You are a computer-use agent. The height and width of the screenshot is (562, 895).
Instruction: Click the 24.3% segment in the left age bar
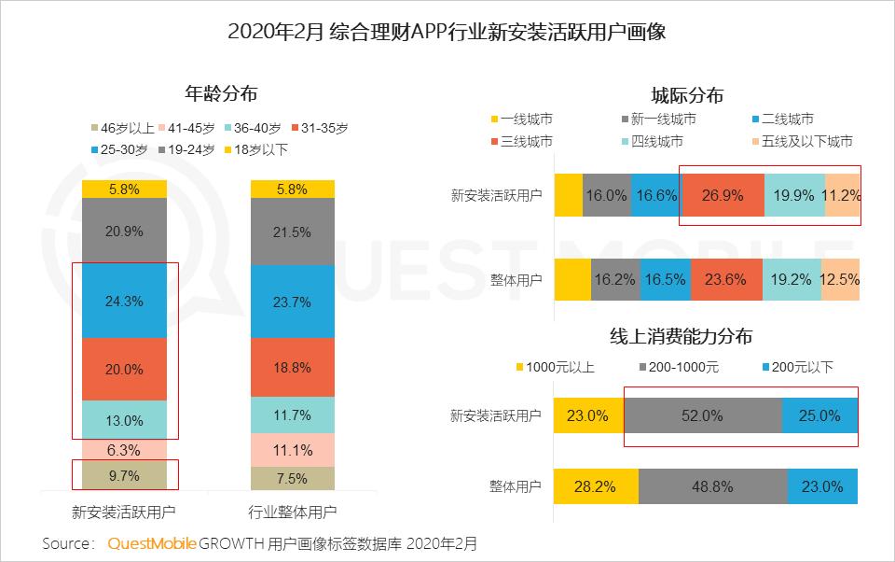124,302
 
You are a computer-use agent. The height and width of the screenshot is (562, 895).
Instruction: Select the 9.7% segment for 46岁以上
124,475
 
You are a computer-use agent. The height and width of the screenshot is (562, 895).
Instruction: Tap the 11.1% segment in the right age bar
293,449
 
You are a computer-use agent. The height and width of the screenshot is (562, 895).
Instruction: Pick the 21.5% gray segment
293,232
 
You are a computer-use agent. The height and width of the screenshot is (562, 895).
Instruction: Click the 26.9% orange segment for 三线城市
723,196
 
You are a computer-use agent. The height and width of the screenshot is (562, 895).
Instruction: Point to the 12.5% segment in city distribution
840,278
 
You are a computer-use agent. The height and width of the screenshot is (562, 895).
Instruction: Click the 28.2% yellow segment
596,486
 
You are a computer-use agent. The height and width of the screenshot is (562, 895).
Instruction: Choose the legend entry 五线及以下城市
801,142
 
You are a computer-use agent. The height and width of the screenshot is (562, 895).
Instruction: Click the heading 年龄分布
220,93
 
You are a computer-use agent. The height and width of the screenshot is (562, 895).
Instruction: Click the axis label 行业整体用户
293,513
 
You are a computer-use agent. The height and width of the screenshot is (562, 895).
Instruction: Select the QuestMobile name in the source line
152,543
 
